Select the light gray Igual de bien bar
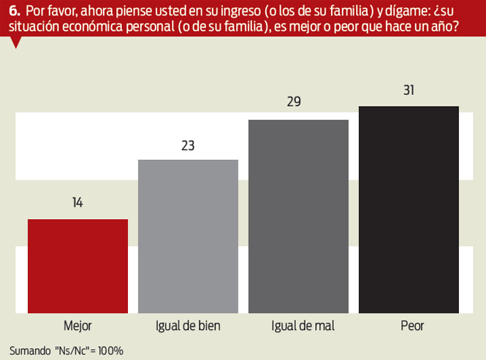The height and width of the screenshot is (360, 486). tap(188, 236)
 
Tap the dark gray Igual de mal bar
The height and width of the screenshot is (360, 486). tap(298, 216)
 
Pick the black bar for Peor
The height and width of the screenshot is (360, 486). tap(409, 210)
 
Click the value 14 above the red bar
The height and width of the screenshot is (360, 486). tap(77, 203)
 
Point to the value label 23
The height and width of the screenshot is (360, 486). tap(188, 145)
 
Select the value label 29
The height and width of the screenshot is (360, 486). tap(294, 102)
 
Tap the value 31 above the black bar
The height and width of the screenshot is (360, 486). tap(409, 91)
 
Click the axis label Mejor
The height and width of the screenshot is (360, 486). tap(77, 326)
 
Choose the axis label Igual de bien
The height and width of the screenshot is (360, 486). tap(188, 326)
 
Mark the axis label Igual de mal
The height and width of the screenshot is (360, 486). tap(298, 326)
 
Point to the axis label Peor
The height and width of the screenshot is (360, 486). tap(409, 326)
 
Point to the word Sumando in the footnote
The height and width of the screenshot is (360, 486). tap(29, 350)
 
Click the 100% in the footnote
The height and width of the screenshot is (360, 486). tap(109, 350)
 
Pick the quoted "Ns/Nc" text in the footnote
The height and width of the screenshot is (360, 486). tap(70, 350)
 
